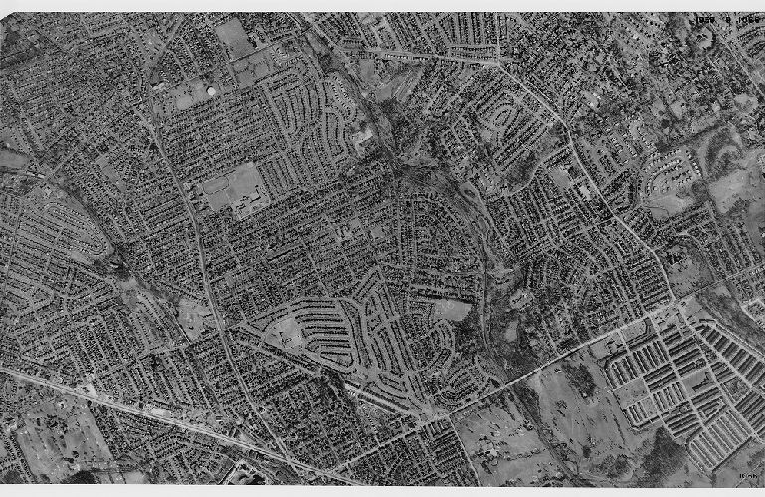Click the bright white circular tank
(210, 93)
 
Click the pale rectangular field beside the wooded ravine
(454, 310)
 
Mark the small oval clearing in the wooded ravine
(520, 297)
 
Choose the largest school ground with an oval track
(233, 187)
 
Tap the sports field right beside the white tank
(189, 97)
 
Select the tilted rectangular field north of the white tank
(235, 38)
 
